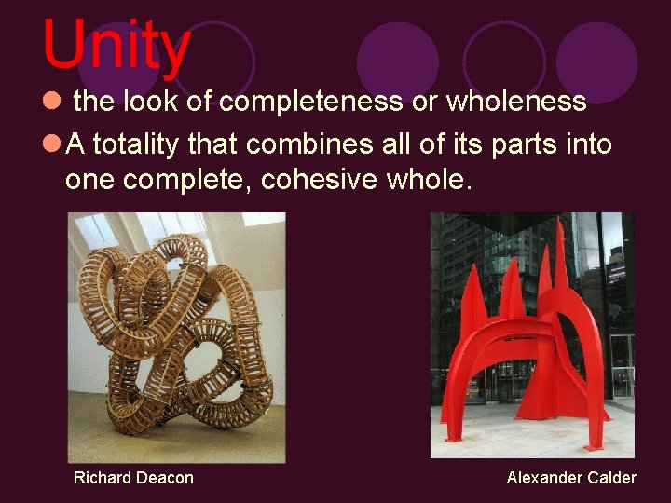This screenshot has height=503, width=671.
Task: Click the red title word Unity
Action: (116, 45)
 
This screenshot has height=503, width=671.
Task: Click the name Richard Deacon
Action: (133, 478)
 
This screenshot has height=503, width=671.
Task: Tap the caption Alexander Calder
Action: (571, 478)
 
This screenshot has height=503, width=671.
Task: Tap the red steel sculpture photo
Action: (531, 335)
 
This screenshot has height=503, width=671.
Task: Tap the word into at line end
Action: (588, 144)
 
